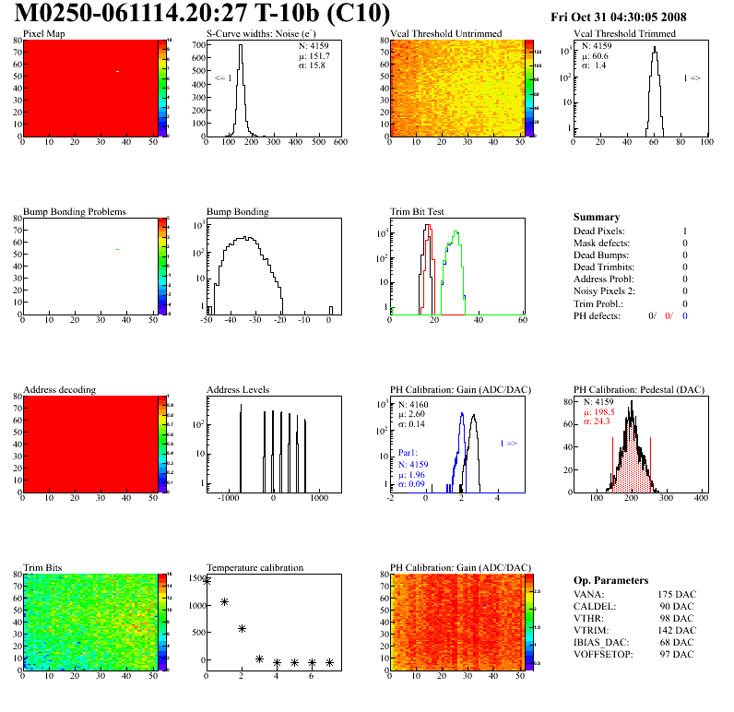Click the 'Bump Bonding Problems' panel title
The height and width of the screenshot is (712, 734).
(x=74, y=211)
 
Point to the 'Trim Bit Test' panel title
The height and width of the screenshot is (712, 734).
(x=417, y=211)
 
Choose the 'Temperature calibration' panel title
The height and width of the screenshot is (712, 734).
(x=255, y=567)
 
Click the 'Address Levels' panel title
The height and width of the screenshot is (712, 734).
(x=238, y=389)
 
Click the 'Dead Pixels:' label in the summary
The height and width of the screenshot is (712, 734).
(x=598, y=231)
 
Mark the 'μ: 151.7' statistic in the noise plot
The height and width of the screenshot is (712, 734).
(x=314, y=55)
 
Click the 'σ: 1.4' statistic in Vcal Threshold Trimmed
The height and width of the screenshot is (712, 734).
(x=593, y=65)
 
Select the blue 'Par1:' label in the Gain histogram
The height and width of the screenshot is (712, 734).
(x=409, y=453)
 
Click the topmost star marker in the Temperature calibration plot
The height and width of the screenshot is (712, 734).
(x=207, y=581)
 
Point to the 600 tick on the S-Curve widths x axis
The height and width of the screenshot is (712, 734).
(x=339, y=143)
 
